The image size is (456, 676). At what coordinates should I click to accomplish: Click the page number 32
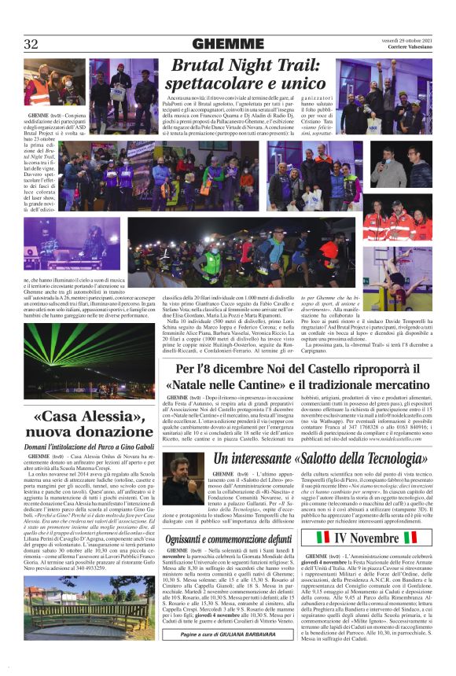(x=31, y=44)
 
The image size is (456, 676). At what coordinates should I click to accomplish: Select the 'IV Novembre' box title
(x=377, y=538)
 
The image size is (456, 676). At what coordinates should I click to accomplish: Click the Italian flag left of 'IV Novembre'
(x=322, y=538)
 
